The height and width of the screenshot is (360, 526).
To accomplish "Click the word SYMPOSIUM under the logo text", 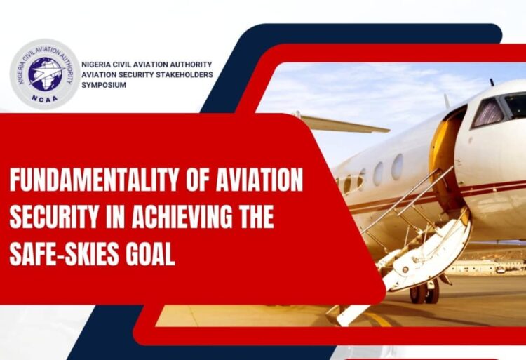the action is (x=104, y=85).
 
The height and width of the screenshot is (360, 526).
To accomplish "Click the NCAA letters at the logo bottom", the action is (x=44, y=98).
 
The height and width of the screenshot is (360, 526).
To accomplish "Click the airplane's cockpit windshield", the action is (x=499, y=108).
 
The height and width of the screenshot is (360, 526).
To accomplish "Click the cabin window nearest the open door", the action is (x=398, y=167).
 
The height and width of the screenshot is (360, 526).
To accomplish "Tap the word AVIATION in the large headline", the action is (x=259, y=180).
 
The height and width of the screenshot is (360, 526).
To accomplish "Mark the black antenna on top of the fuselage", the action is (x=492, y=82).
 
